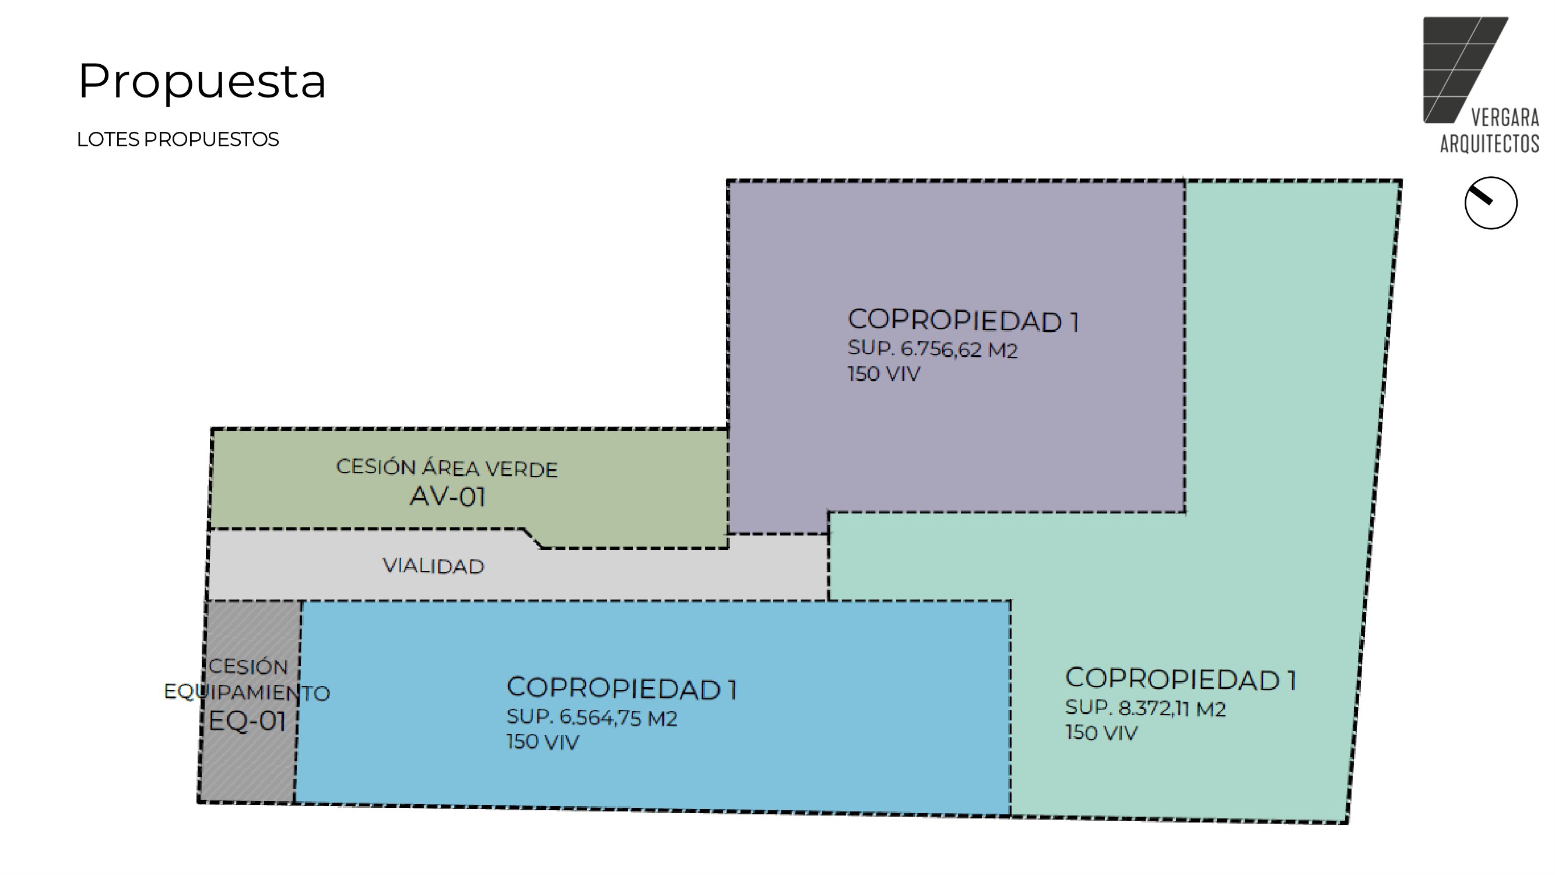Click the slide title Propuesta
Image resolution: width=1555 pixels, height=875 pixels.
[202, 82]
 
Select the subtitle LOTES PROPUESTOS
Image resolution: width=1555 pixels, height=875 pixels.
[177, 139]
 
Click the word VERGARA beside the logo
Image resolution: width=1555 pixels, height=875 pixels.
[1505, 117]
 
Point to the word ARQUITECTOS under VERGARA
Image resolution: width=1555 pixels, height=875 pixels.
[1490, 143]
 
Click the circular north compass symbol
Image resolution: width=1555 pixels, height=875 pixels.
[1490, 203]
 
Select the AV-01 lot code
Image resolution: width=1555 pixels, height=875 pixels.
[448, 497]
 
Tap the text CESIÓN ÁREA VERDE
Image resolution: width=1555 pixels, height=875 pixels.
[447, 468]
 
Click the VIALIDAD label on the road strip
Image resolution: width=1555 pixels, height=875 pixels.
[433, 566]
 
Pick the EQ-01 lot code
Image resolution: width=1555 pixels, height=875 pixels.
[247, 720]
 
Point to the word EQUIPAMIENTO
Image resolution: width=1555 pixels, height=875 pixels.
[247, 692]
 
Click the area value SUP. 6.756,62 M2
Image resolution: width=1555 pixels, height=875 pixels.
[933, 349]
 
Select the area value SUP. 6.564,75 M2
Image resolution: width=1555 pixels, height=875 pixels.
[592, 717]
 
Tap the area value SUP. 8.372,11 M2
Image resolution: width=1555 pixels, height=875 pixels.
[1146, 708]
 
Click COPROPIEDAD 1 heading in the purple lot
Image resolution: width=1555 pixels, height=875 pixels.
[963, 321]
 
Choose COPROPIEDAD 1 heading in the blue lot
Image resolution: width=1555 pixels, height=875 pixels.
[622, 688]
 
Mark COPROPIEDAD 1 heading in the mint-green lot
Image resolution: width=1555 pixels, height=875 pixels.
[1181, 679]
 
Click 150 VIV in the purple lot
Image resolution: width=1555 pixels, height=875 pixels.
[884, 374]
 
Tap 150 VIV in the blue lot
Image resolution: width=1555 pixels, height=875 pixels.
[543, 741]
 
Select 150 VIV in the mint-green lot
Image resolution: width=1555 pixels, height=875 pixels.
[1101, 733]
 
